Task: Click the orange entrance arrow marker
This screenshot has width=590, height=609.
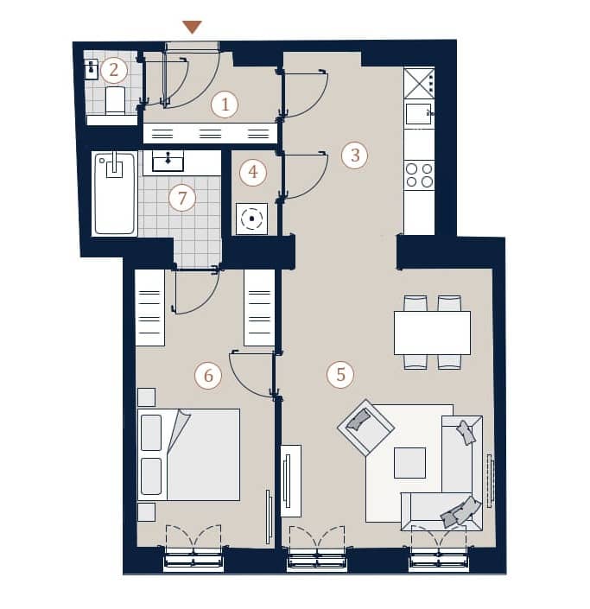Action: pyautogui.click(x=193, y=27)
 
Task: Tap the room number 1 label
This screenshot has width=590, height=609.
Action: pyautogui.click(x=225, y=105)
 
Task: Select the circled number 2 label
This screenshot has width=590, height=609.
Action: pyautogui.click(x=113, y=70)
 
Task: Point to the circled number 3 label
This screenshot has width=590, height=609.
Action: pyautogui.click(x=355, y=155)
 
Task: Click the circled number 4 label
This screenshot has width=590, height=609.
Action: pyautogui.click(x=253, y=172)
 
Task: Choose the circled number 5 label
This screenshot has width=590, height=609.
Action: pyautogui.click(x=340, y=375)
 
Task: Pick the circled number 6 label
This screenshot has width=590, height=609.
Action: pyautogui.click(x=208, y=376)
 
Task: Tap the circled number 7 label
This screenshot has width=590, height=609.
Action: pyautogui.click(x=182, y=198)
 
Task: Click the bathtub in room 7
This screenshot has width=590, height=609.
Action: pyautogui.click(x=115, y=193)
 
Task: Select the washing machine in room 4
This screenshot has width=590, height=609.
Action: pyautogui.click(x=251, y=219)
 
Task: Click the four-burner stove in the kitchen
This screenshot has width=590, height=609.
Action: pyautogui.click(x=419, y=175)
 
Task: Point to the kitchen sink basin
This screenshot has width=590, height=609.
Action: pyautogui.click(x=418, y=113)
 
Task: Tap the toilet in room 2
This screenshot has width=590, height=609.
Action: pyautogui.click(x=116, y=100)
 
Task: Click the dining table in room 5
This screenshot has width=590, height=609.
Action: pyautogui.click(x=432, y=333)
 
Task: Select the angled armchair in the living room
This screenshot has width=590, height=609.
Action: pyautogui.click(x=366, y=428)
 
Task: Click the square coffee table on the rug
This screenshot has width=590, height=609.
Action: pyautogui.click(x=409, y=462)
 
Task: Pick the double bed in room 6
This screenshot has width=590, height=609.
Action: pyautogui.click(x=189, y=454)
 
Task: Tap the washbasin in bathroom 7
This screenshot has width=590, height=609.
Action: pyautogui.click(x=168, y=162)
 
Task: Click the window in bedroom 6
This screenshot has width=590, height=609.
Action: pyautogui.click(x=193, y=559)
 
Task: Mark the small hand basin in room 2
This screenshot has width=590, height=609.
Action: pyautogui.click(x=92, y=69)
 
